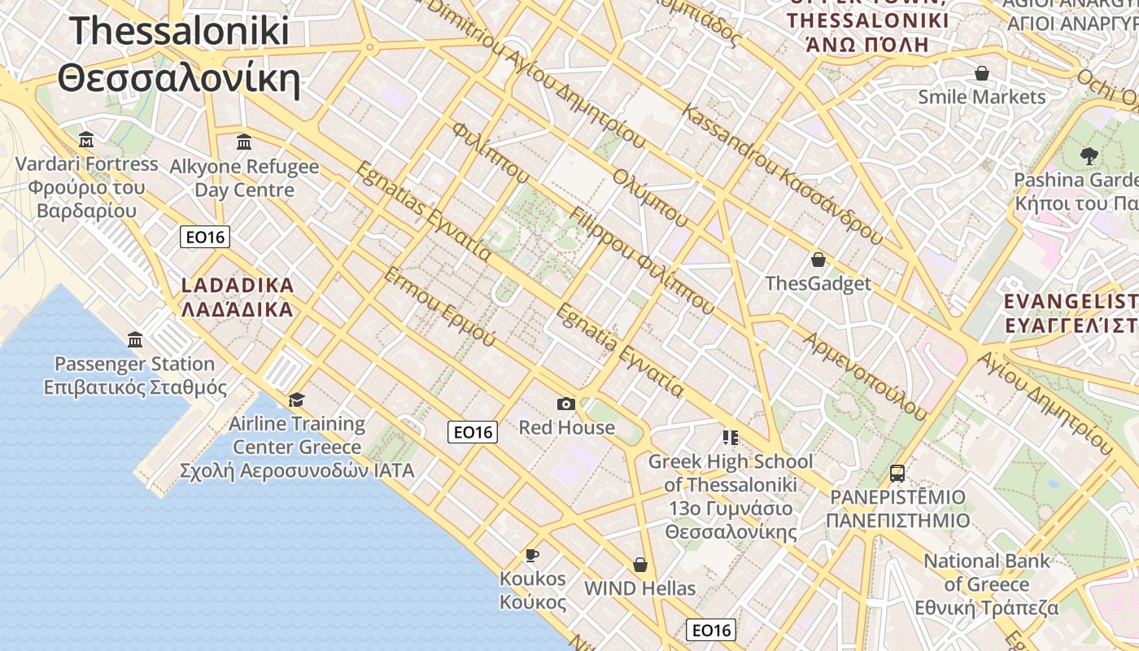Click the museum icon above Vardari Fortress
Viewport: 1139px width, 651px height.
86,139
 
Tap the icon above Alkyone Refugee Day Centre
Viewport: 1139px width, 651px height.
244,142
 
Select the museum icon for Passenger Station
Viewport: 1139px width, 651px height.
135,339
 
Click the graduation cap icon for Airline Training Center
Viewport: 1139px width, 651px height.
296,400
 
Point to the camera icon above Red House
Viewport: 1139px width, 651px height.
566,404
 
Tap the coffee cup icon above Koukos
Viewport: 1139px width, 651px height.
532,555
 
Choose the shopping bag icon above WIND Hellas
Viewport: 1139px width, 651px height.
640,565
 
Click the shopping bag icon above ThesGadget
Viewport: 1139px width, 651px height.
818,260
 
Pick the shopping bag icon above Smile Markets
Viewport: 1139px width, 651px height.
982,73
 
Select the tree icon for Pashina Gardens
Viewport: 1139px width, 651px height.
1089,155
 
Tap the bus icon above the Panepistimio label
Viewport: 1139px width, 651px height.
897,473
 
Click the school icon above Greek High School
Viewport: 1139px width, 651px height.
730,438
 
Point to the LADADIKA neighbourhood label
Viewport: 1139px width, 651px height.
237,298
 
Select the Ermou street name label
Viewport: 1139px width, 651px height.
439,306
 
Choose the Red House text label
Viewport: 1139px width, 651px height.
567,427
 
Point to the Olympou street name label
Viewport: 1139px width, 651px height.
650,199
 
